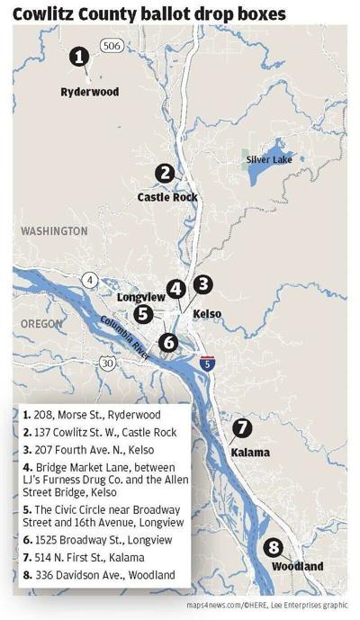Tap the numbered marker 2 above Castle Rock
(x=165, y=173)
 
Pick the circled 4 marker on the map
(x=176, y=289)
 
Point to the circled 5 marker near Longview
(x=143, y=313)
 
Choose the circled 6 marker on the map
(x=168, y=342)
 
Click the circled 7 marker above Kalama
(x=241, y=427)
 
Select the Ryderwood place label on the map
(x=89, y=92)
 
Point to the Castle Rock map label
(x=167, y=196)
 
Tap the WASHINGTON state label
(x=55, y=231)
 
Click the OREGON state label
(x=42, y=323)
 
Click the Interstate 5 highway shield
(x=208, y=363)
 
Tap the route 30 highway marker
(x=109, y=364)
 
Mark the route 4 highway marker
(x=91, y=280)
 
